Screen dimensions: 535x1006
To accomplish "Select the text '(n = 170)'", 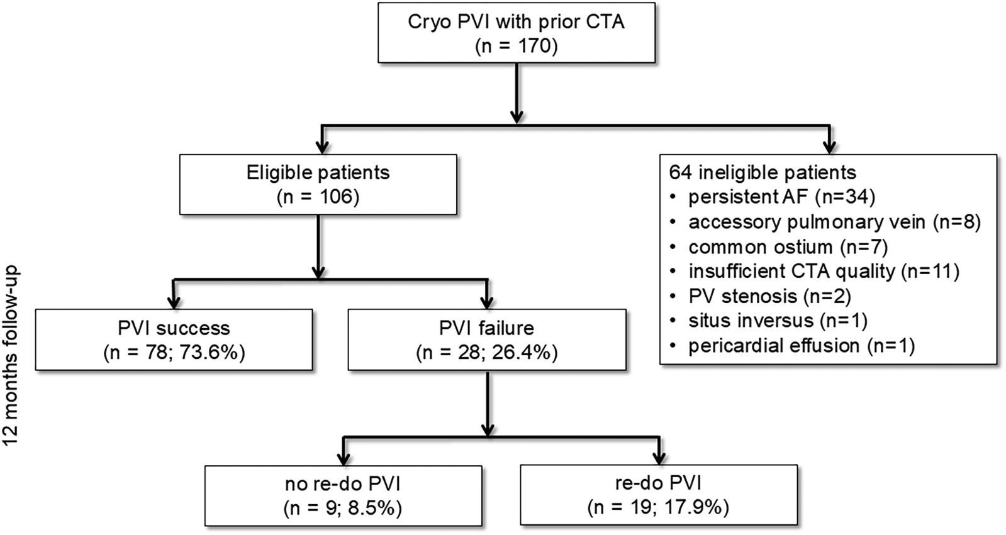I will pyautogui.click(x=516, y=47).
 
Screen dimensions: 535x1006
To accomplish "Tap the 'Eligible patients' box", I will pyautogui.click(x=318, y=185).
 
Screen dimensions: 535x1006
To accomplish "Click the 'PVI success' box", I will pyautogui.click(x=174, y=339).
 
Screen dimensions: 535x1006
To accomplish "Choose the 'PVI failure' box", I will pyautogui.click(x=486, y=339).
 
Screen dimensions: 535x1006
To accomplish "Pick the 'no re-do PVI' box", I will pyautogui.click(x=343, y=495).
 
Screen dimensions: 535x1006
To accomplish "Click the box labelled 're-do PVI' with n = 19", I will pyautogui.click(x=658, y=495).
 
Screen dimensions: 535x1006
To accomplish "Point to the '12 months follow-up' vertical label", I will pyautogui.click(x=11, y=355).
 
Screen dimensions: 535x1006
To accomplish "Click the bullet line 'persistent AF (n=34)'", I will pyautogui.click(x=781, y=197).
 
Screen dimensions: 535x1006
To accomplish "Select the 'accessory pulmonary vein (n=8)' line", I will pyautogui.click(x=834, y=222).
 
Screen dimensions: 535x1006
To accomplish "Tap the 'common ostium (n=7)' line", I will pyautogui.click(x=788, y=246).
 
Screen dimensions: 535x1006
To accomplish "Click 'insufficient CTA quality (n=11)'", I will pyautogui.click(x=823, y=271).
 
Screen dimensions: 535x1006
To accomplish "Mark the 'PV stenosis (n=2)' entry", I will pyautogui.click(x=769, y=296).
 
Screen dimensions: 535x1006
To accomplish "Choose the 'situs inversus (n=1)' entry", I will pyautogui.click(x=778, y=321).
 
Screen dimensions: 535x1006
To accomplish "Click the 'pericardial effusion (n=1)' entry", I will pyautogui.click(x=801, y=346).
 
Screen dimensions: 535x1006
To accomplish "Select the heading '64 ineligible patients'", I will pyautogui.click(x=763, y=172).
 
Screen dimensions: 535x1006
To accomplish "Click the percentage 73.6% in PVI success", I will pyautogui.click(x=211, y=353).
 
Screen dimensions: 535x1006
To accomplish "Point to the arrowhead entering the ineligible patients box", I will pyautogui.click(x=829, y=147).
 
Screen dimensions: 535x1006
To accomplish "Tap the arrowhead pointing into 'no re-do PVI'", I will pyautogui.click(x=343, y=457).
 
